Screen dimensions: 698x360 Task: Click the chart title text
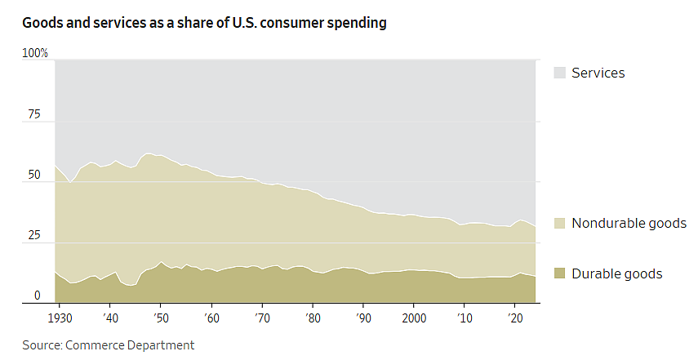tap(204, 23)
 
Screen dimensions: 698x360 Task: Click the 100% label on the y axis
tap(35, 53)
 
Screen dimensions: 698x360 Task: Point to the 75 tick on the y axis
tap(34, 114)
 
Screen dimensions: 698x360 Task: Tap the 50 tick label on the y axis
tap(34, 175)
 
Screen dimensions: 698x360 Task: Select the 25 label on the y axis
tap(34, 235)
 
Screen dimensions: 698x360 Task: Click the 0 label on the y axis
tap(37, 296)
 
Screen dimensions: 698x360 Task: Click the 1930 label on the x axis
tap(60, 318)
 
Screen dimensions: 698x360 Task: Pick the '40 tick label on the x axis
tap(110, 318)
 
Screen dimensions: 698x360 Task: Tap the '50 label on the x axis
tap(161, 318)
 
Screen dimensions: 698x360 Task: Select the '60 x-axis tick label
tap(211, 318)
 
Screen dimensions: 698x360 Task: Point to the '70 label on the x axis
tap(262, 318)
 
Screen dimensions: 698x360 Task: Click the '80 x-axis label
tap(313, 318)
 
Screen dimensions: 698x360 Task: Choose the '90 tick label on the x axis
tap(363, 318)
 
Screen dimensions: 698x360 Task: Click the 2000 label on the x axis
tap(414, 318)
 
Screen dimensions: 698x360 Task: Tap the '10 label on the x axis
tap(465, 318)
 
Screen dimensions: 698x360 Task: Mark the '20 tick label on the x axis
tap(515, 318)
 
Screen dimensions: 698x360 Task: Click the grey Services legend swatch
tap(559, 73)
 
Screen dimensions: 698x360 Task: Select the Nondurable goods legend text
tap(629, 223)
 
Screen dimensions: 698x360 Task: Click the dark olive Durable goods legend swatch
tap(559, 273)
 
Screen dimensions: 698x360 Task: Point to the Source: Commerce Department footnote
tap(109, 345)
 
